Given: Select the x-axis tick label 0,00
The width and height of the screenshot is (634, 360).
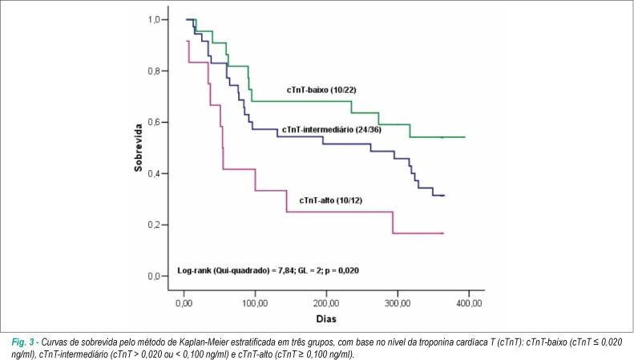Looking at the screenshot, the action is pyautogui.click(x=184, y=303).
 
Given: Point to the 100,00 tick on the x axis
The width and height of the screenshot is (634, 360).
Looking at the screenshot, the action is pyautogui.click(x=255, y=303).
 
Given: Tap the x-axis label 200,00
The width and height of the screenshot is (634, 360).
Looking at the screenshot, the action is pyautogui.click(x=326, y=303).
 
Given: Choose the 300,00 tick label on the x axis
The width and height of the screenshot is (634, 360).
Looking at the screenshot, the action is pyautogui.click(x=398, y=303).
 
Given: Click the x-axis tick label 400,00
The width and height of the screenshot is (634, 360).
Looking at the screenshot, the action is pyautogui.click(x=469, y=303).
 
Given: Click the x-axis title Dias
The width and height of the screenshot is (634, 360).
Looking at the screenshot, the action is pyautogui.click(x=326, y=319).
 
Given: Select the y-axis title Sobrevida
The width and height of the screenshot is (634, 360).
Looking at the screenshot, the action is pyautogui.click(x=139, y=148).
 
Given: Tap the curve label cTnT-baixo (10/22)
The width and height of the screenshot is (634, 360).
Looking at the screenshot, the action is pyautogui.click(x=321, y=91).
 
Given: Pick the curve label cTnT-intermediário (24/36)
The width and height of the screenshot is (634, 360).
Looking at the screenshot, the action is pyautogui.click(x=332, y=129).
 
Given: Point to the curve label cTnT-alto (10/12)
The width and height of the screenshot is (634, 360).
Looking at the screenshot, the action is pyautogui.click(x=331, y=200).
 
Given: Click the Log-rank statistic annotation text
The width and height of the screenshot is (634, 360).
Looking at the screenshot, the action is pyautogui.click(x=268, y=271).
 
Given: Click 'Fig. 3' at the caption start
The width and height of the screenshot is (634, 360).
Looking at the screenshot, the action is pyautogui.click(x=23, y=342).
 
